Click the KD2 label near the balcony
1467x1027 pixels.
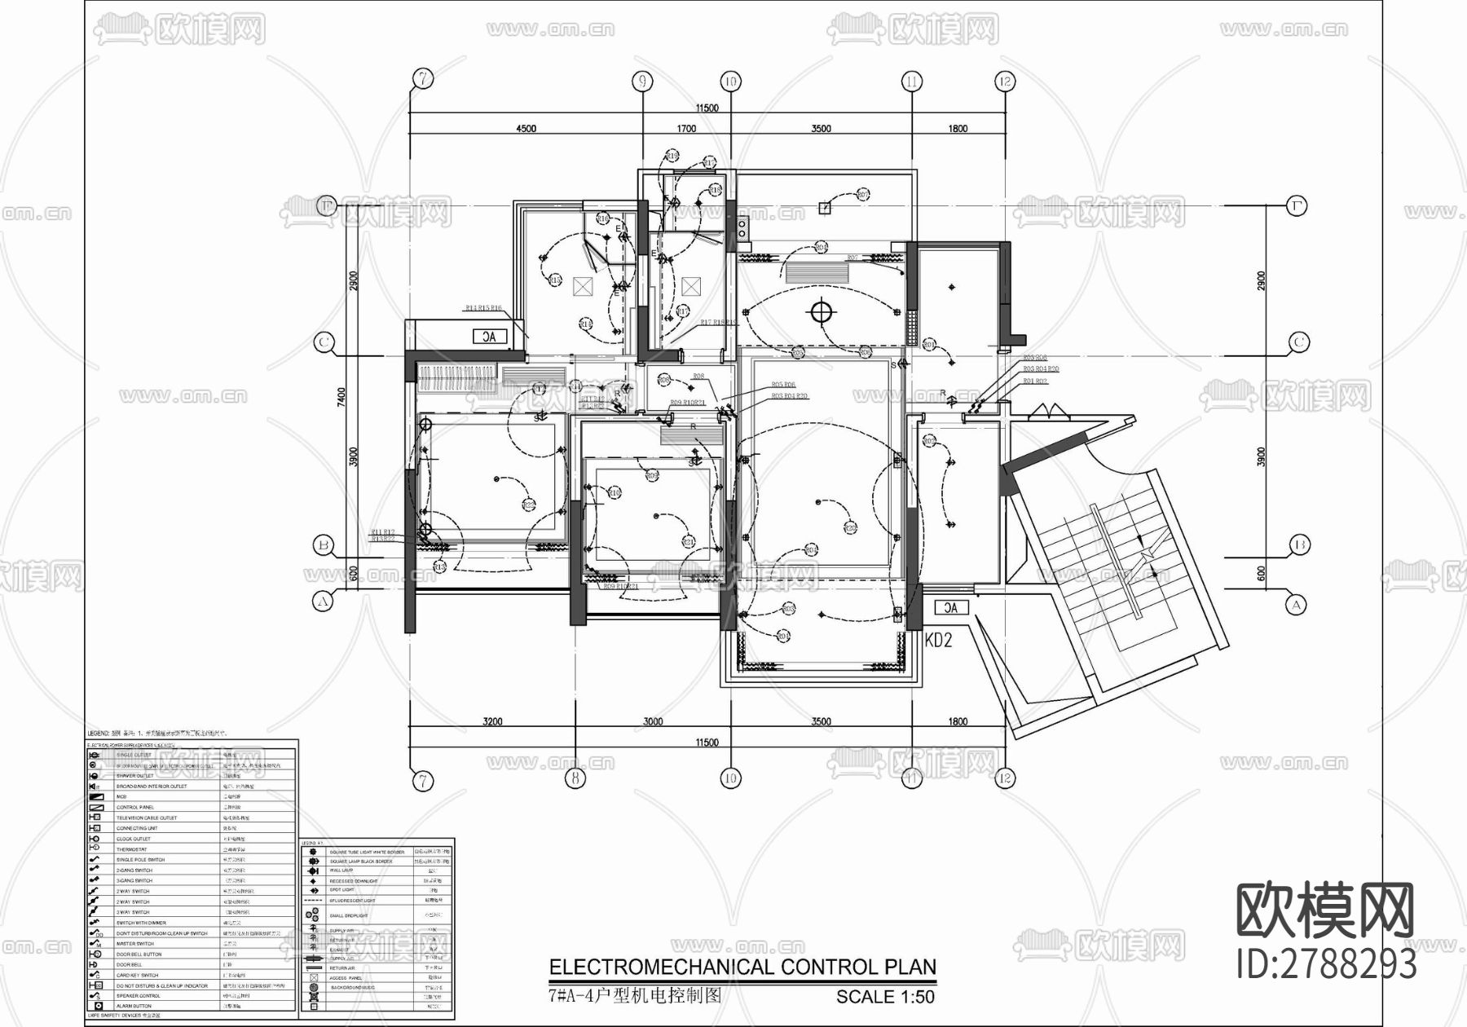point(939,641)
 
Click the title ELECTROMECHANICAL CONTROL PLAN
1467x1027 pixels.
point(742,967)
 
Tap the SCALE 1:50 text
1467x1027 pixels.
point(885,996)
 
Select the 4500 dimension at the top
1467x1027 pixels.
point(526,128)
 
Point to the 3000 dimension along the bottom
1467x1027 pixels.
point(653,721)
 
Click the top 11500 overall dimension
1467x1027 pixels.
point(707,108)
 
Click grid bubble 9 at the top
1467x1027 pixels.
point(643,81)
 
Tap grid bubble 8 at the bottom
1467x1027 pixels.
point(575,778)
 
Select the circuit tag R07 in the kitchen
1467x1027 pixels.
point(863,195)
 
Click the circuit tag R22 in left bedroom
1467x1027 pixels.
point(528,505)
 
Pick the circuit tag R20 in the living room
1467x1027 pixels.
point(851,528)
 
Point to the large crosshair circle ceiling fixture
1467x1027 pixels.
point(822,311)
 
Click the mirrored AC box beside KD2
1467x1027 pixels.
point(950,607)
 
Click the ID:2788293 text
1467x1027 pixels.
point(1326,965)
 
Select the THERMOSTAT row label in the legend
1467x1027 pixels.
point(131,849)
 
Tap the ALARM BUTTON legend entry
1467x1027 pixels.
point(134,1006)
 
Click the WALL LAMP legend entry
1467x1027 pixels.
point(341,871)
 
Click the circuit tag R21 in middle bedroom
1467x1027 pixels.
point(689,542)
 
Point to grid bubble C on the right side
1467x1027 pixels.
point(1298,343)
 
